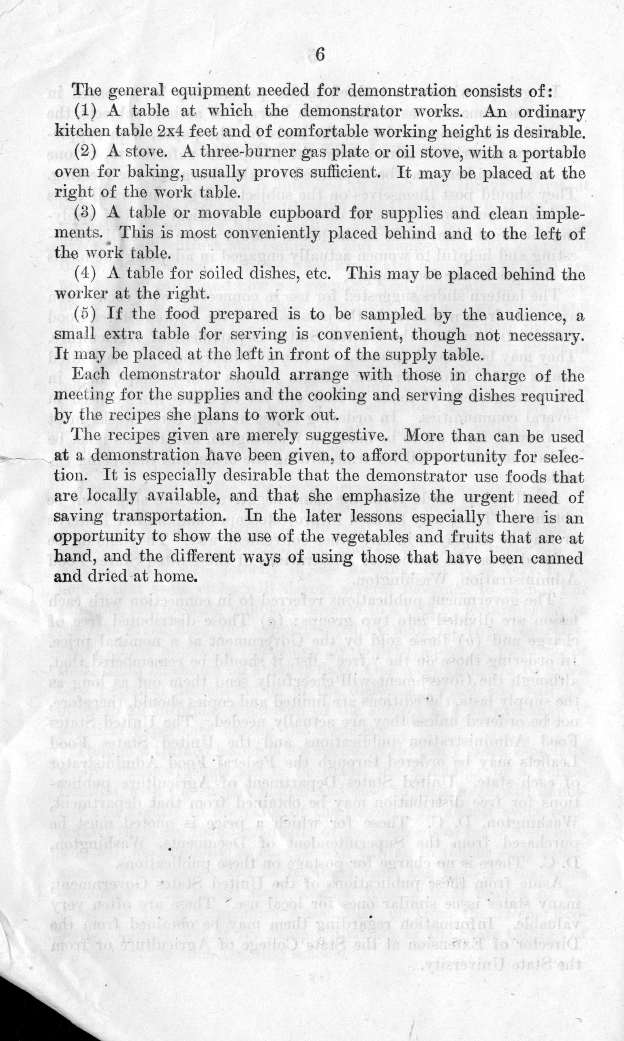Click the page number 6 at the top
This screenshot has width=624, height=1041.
coord(320,56)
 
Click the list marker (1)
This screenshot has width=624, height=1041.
coord(86,111)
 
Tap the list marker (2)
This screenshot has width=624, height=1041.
coord(86,152)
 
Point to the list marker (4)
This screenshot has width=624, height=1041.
coord(86,274)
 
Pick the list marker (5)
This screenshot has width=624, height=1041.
coord(86,314)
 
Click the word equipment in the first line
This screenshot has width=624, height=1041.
coord(200,90)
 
